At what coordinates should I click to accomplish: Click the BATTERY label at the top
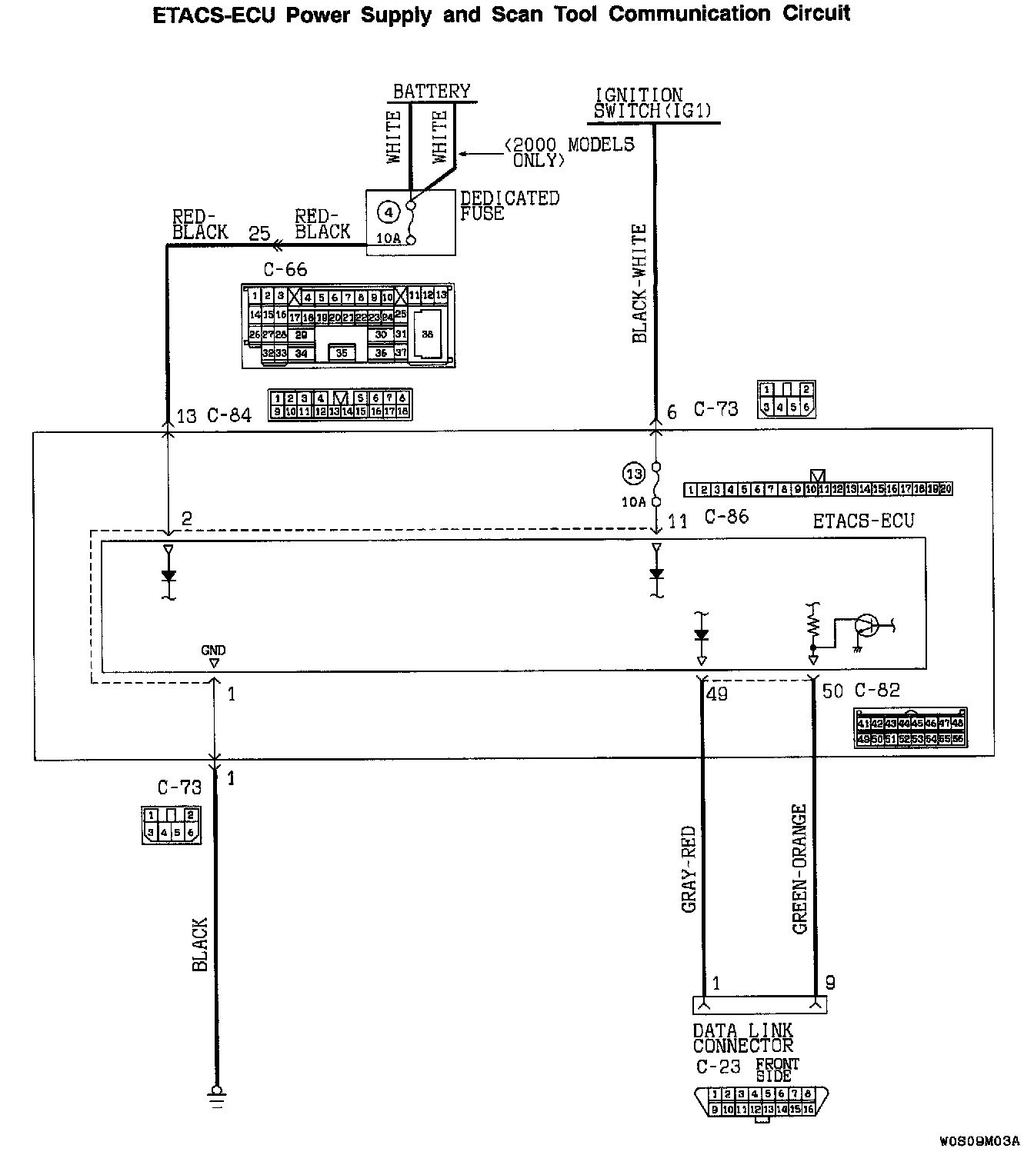[431, 92]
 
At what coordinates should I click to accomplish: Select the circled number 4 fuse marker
[389, 211]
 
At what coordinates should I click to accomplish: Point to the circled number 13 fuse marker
[633, 474]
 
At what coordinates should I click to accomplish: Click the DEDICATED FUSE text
[509, 205]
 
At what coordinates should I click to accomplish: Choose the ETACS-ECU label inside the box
[863, 521]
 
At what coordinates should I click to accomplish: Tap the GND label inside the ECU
[213, 651]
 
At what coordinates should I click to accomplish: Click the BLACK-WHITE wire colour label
[639, 284]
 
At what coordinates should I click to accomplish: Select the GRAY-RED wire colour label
[689, 869]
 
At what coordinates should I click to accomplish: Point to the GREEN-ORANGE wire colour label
[799, 869]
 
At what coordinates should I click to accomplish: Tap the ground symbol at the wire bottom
[216, 1097]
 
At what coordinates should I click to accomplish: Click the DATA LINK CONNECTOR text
[742, 1038]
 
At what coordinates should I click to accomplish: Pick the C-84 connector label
[229, 416]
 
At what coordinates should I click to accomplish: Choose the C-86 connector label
[726, 517]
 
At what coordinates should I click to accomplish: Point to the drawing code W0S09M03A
[979, 1140]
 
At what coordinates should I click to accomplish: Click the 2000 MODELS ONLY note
[569, 152]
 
